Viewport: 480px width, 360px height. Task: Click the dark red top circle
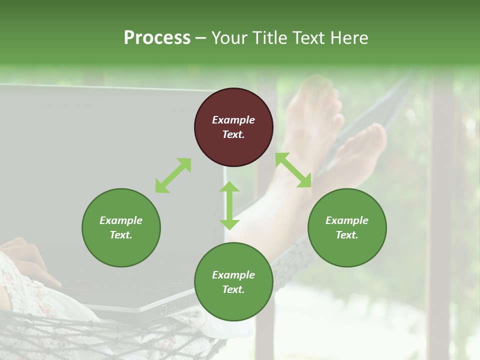click(x=233, y=127)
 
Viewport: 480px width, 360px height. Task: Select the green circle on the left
click(x=121, y=227)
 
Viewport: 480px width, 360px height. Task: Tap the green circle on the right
click(x=347, y=227)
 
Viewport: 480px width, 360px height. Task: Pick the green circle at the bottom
click(x=233, y=282)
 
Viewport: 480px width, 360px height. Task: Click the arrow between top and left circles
click(x=173, y=175)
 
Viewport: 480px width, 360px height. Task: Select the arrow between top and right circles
click(x=293, y=170)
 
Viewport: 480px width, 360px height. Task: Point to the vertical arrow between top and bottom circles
click(x=229, y=205)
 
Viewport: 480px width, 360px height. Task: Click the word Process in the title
click(x=157, y=37)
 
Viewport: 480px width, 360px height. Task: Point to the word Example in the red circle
click(x=233, y=120)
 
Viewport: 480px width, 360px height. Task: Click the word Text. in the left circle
click(x=121, y=235)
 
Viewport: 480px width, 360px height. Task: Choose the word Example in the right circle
click(x=347, y=220)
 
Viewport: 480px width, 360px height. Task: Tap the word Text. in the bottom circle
click(x=233, y=289)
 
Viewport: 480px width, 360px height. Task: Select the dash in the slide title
click(x=201, y=38)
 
